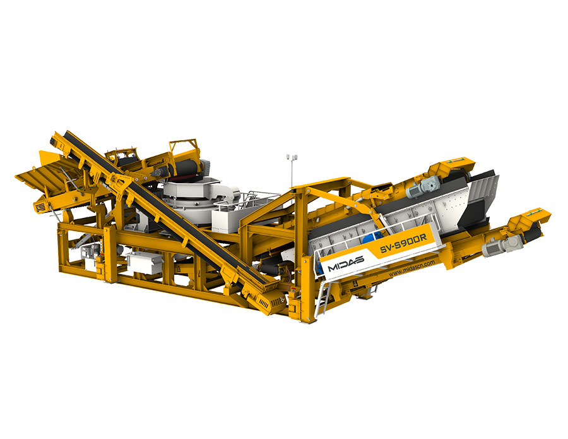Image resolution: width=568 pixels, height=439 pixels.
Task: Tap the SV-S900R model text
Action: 403,244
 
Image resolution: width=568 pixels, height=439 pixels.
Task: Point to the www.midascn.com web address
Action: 412,268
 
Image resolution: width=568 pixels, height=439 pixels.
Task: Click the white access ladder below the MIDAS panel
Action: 322,298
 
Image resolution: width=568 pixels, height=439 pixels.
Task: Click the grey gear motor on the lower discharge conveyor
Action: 502,244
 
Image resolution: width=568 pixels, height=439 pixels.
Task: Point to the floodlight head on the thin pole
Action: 292,157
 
